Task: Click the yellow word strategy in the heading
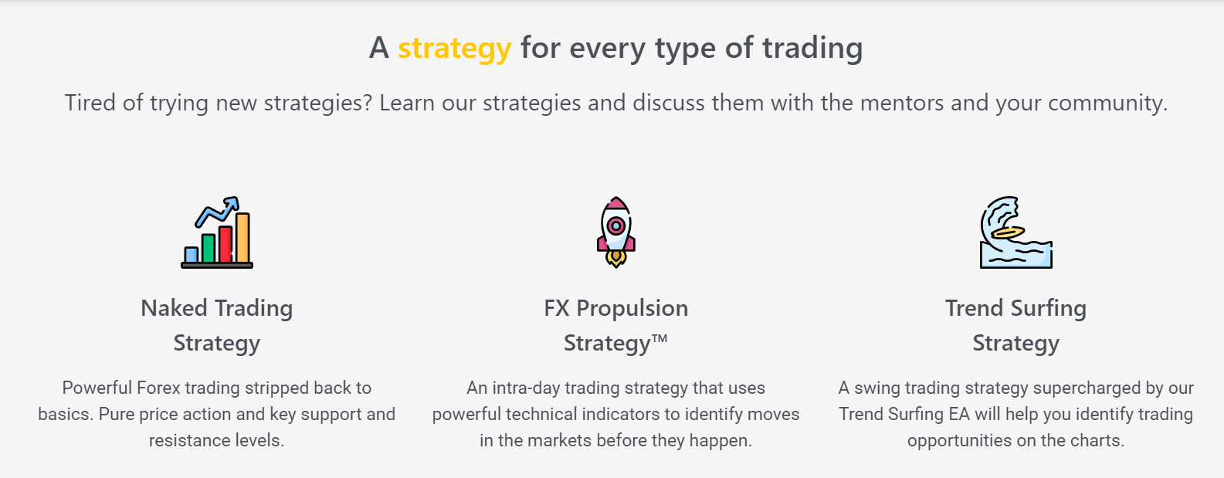click(x=454, y=49)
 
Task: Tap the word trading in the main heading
click(x=812, y=49)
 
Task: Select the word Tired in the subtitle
click(x=90, y=103)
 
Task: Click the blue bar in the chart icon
click(x=192, y=255)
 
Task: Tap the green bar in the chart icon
click(x=209, y=249)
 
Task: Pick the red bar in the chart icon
click(x=225, y=244)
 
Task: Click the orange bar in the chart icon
click(x=242, y=238)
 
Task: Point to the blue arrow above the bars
click(x=219, y=211)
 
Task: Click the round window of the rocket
click(x=615, y=225)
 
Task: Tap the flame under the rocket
click(x=615, y=258)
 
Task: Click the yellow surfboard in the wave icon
click(x=1008, y=232)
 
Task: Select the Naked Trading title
click(x=216, y=308)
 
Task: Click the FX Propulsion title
click(x=615, y=308)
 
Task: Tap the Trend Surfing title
click(x=1015, y=308)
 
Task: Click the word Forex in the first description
click(x=158, y=388)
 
